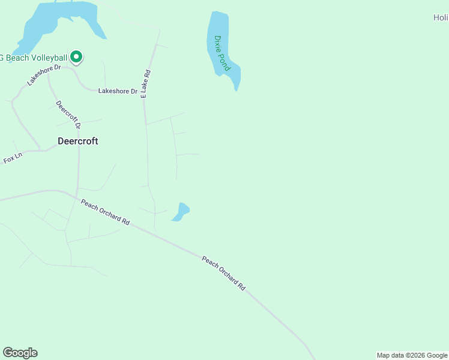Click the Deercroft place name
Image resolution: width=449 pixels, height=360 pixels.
77,142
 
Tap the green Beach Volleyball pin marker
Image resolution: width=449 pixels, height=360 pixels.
76,57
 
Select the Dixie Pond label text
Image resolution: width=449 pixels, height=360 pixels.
222,53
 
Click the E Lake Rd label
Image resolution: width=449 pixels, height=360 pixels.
145,83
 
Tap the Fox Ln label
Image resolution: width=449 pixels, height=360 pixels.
13,158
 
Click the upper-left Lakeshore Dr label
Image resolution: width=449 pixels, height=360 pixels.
44,75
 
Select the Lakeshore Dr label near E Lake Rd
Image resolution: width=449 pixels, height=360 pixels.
118,91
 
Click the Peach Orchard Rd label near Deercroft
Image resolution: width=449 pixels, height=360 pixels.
106,211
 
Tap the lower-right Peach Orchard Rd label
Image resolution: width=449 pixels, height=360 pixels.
223,273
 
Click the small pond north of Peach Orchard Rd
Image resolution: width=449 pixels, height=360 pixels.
181,212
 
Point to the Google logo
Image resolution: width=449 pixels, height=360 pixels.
20,353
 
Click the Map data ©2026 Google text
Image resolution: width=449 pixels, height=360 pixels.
412,355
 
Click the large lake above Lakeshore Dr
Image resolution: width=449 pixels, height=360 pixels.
60,21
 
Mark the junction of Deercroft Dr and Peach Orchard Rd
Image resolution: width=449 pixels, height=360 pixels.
77,196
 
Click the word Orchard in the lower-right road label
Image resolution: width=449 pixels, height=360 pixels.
225,274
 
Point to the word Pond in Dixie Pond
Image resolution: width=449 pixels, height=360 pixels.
226,61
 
